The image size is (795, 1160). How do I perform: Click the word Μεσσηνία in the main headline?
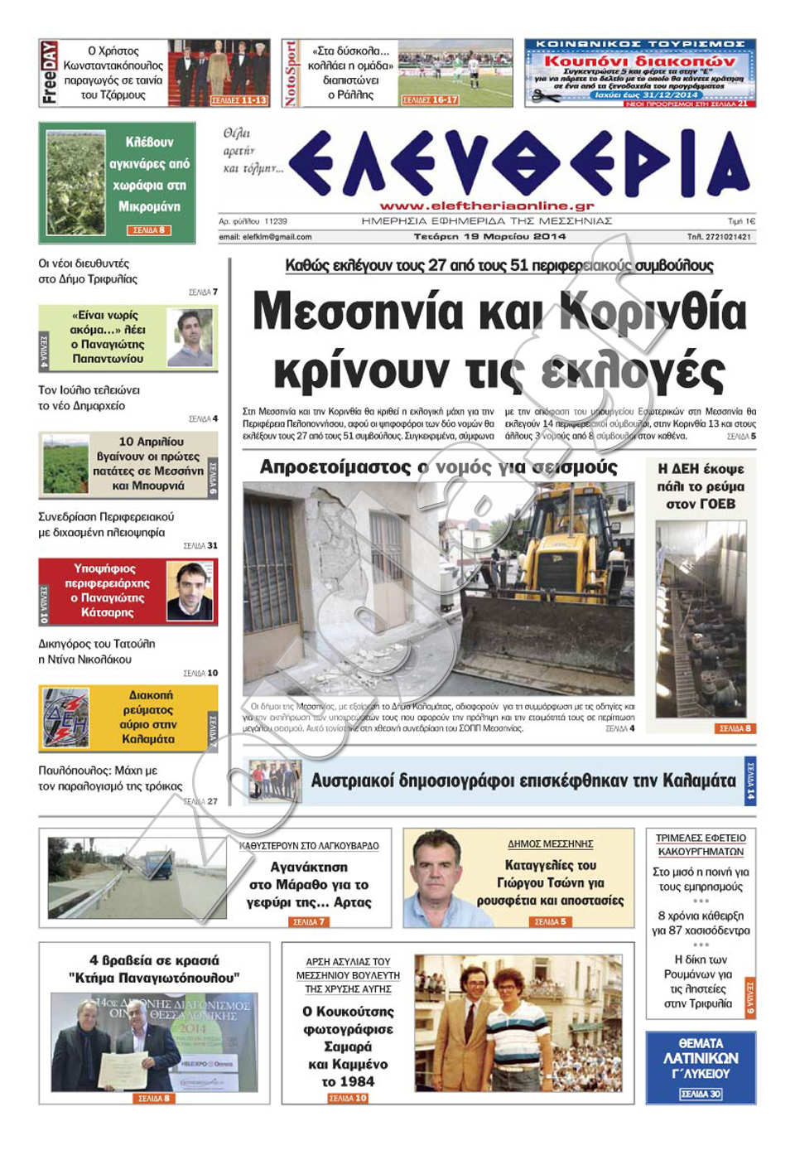[x=358, y=312]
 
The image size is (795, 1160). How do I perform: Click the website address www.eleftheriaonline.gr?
[x=487, y=205]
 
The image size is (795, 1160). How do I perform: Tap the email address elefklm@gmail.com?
[x=265, y=237]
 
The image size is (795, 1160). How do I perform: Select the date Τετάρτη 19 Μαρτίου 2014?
[x=489, y=236]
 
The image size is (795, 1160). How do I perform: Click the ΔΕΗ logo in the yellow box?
[x=66, y=718]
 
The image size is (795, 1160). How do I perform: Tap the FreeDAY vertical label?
[x=49, y=73]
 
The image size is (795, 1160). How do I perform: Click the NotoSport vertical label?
[x=290, y=73]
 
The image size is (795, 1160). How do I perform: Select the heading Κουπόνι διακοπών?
[x=638, y=60]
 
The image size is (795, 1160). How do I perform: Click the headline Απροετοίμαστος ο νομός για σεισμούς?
[x=438, y=467]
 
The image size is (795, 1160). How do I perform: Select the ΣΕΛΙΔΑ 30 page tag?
[x=701, y=1094]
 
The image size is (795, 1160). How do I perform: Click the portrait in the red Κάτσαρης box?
[x=190, y=591]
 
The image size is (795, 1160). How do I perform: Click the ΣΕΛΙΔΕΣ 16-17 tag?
[x=429, y=100]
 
